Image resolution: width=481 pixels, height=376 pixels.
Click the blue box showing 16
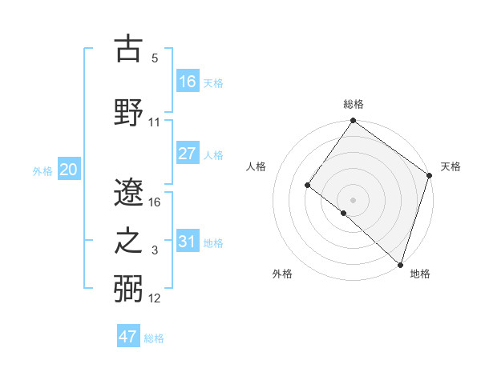188,81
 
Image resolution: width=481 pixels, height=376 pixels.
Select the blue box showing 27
188,154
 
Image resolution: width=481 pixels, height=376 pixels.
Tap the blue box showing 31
188,242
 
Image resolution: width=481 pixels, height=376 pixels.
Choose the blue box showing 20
69,170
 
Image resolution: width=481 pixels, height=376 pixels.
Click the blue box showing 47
128,337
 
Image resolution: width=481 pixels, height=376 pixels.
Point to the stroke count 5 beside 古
155,58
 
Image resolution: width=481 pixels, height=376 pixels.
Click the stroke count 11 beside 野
155,122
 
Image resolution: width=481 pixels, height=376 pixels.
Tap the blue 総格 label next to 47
154,338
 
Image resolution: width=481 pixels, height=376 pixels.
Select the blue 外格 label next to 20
42,171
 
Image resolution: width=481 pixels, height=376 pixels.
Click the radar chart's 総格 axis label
353,104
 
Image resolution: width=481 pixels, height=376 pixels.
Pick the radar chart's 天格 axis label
451,166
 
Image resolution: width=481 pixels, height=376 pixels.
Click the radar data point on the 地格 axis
400,264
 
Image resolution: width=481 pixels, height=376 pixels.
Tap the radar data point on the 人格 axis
307,185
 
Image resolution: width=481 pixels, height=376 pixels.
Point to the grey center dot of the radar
353,199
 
